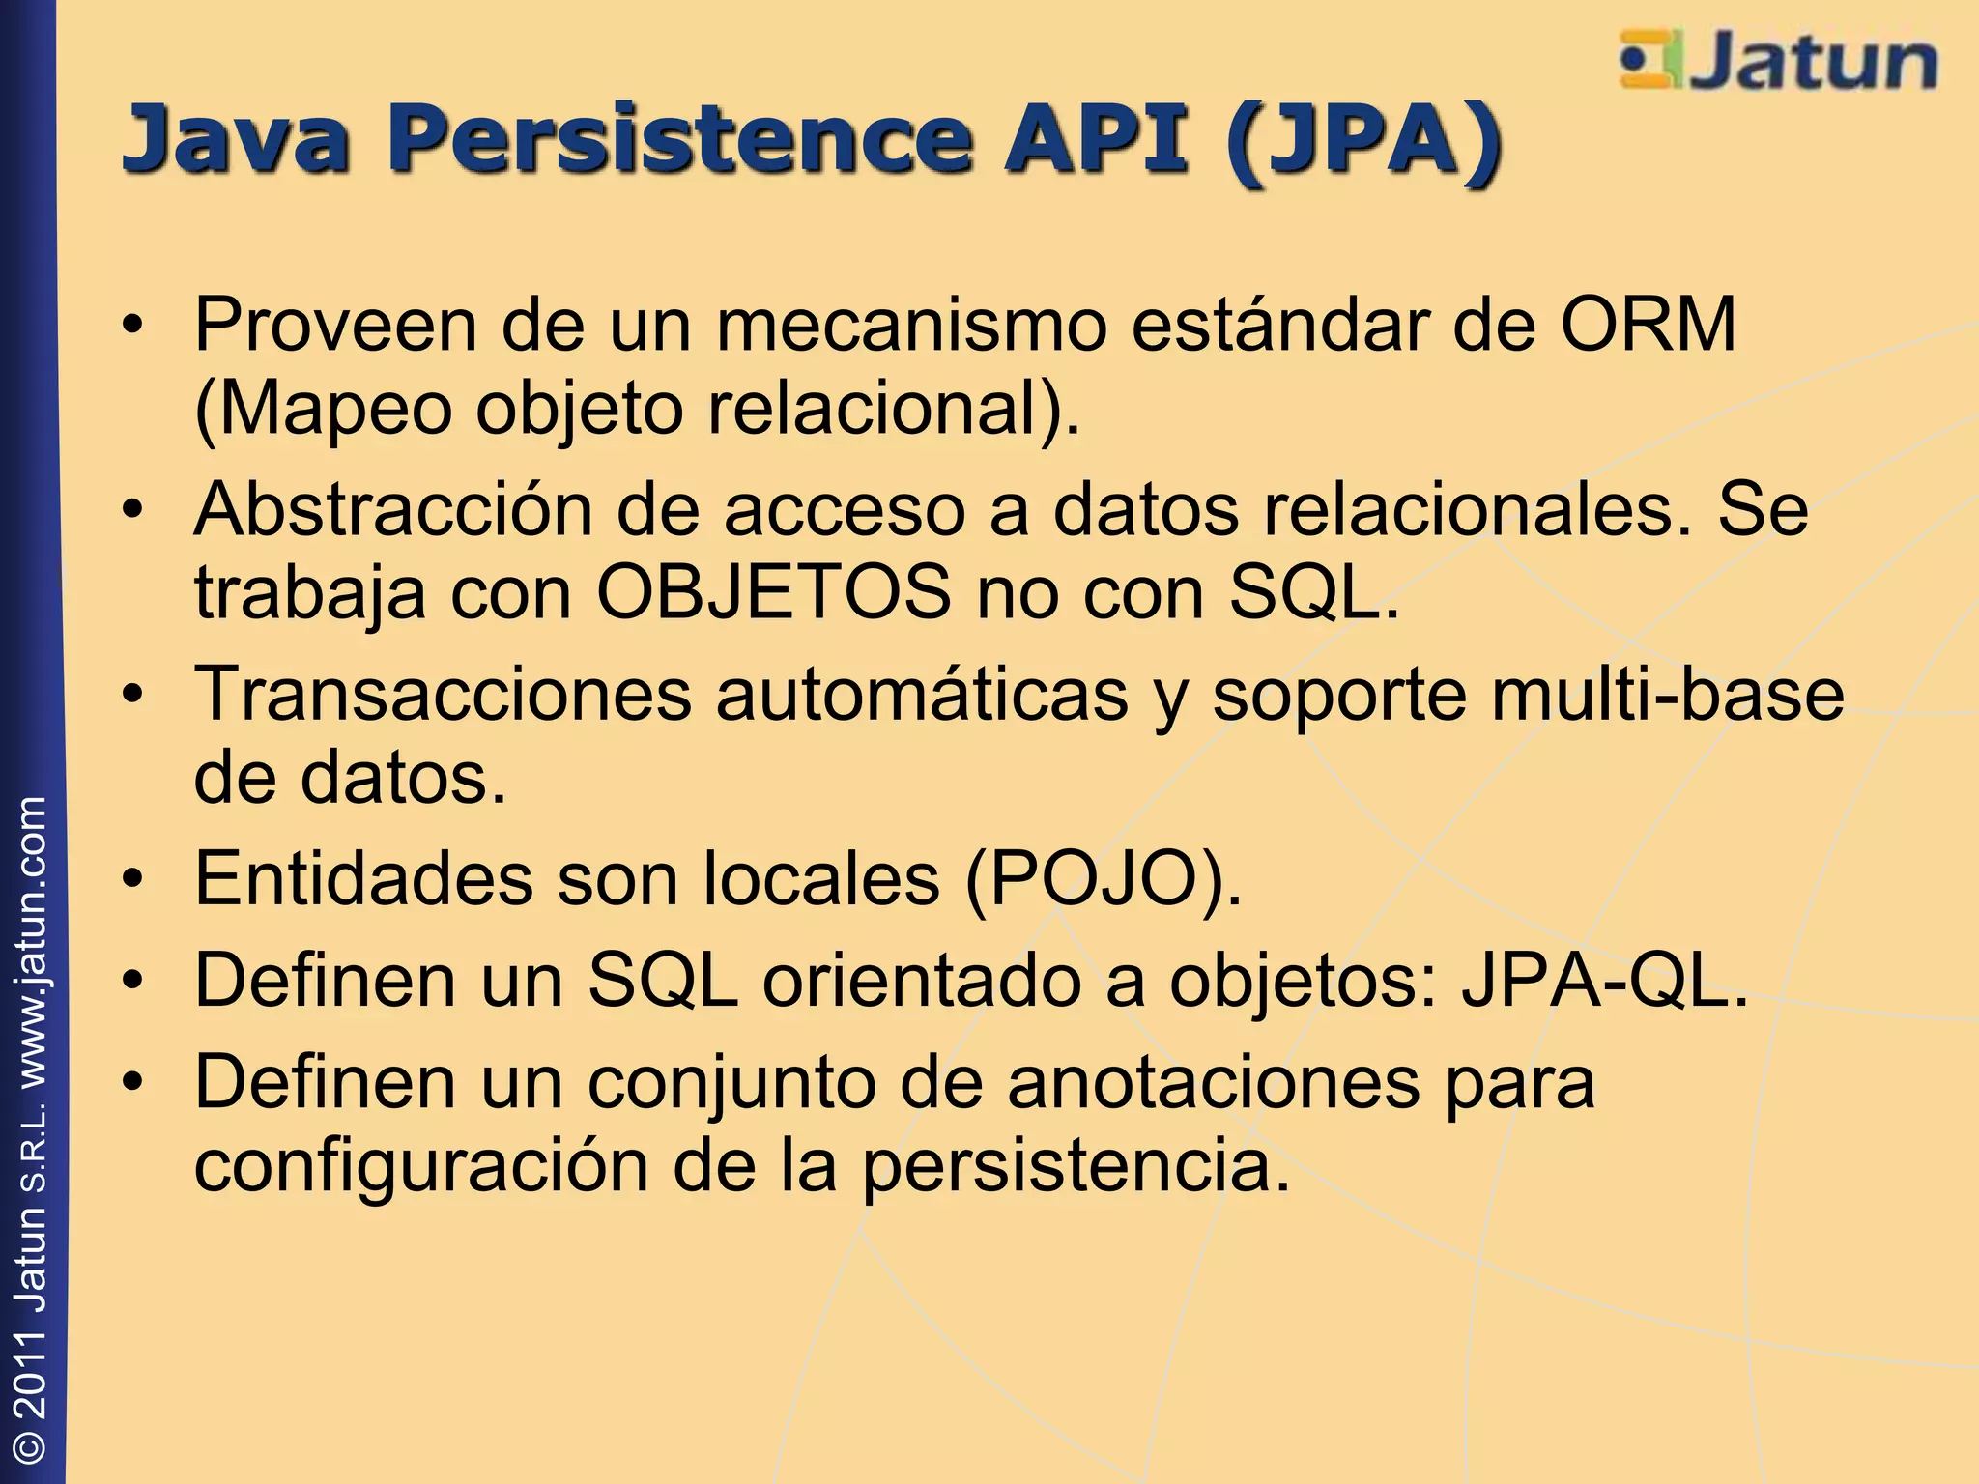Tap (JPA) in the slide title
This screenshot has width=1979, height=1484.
[1362, 141]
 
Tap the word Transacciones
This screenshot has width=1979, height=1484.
[444, 694]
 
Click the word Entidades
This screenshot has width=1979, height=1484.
[364, 878]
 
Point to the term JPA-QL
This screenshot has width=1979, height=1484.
[1604, 980]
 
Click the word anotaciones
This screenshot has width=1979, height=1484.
[1214, 1082]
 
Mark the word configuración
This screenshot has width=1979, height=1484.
[421, 1166]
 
